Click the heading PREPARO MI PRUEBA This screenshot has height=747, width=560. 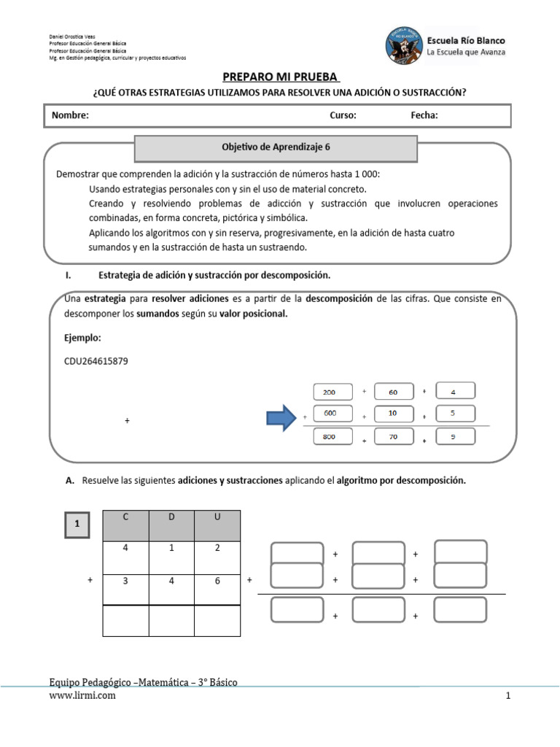coord(280,78)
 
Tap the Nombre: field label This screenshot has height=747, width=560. coord(70,115)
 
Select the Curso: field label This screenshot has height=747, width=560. coord(343,115)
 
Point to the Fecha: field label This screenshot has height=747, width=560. coord(424,115)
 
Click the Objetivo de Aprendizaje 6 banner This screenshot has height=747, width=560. coord(276,147)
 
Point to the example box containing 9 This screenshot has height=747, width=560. coord(455,437)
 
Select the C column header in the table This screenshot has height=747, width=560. coord(125,525)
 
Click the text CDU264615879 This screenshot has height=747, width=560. coord(96,361)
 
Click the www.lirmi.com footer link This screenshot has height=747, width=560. coord(82,696)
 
